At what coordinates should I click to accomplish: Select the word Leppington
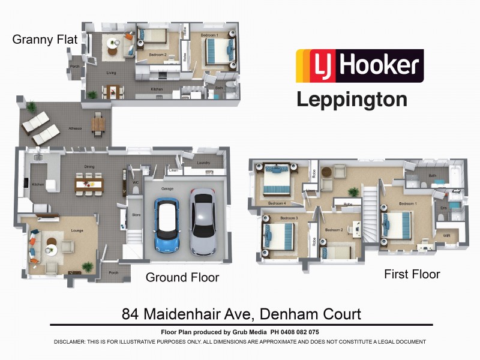pos(352,99)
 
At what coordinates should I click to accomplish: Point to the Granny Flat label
pos(45,40)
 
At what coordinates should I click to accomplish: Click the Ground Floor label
pos(182,277)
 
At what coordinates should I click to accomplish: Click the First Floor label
pos(412,274)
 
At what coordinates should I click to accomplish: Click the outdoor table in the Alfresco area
pos(97,125)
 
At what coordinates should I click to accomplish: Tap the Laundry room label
pos(203,163)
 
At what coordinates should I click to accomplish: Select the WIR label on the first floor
pos(446,236)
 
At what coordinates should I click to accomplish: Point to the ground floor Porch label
pos(113,272)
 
